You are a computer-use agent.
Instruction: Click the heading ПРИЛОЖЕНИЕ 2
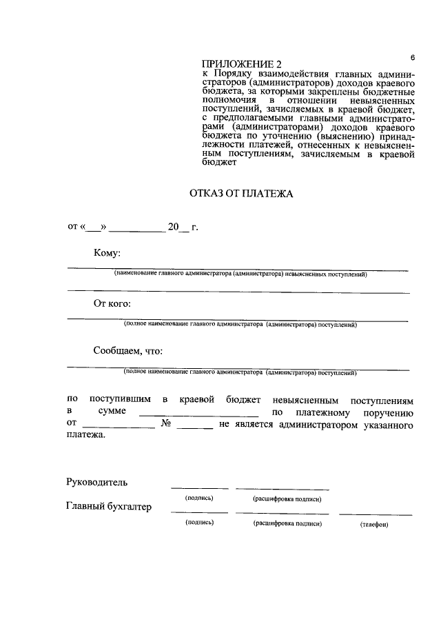[233, 65]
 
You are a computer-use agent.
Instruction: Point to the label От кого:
[112, 303]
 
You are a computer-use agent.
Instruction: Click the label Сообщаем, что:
[127, 350]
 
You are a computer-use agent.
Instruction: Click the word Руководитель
[96, 481]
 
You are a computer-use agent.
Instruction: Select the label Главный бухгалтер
[109, 507]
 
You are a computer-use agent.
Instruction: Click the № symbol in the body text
[165, 424]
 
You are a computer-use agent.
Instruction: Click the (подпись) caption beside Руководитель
[199, 498]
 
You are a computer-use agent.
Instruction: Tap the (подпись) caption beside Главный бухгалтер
[199, 523]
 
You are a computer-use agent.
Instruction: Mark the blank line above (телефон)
[376, 514]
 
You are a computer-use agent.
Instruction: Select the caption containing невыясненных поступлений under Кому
[241, 274]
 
